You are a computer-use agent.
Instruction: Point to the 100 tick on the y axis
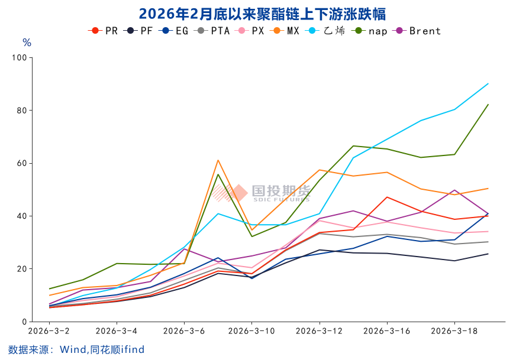20,57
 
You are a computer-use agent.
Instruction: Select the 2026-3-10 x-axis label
251,330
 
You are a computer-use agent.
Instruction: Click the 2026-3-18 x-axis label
454,330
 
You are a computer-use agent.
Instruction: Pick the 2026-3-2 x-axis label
49,330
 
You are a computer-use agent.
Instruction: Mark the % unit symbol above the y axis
27,43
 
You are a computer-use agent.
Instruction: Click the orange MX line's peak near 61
218,160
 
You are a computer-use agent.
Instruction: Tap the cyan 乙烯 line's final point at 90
488,83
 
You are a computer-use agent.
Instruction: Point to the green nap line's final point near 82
488,105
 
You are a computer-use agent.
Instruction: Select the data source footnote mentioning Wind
76,349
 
